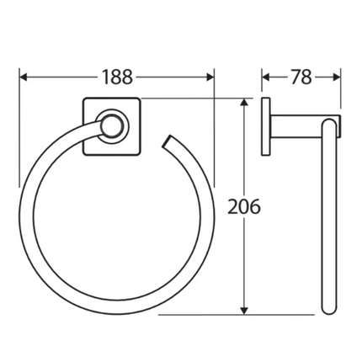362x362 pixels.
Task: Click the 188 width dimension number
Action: (x=118, y=77)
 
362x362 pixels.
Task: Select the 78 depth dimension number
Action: (x=301, y=77)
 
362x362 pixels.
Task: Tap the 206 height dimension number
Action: (x=243, y=205)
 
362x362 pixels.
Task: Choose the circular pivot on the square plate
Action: (x=111, y=128)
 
